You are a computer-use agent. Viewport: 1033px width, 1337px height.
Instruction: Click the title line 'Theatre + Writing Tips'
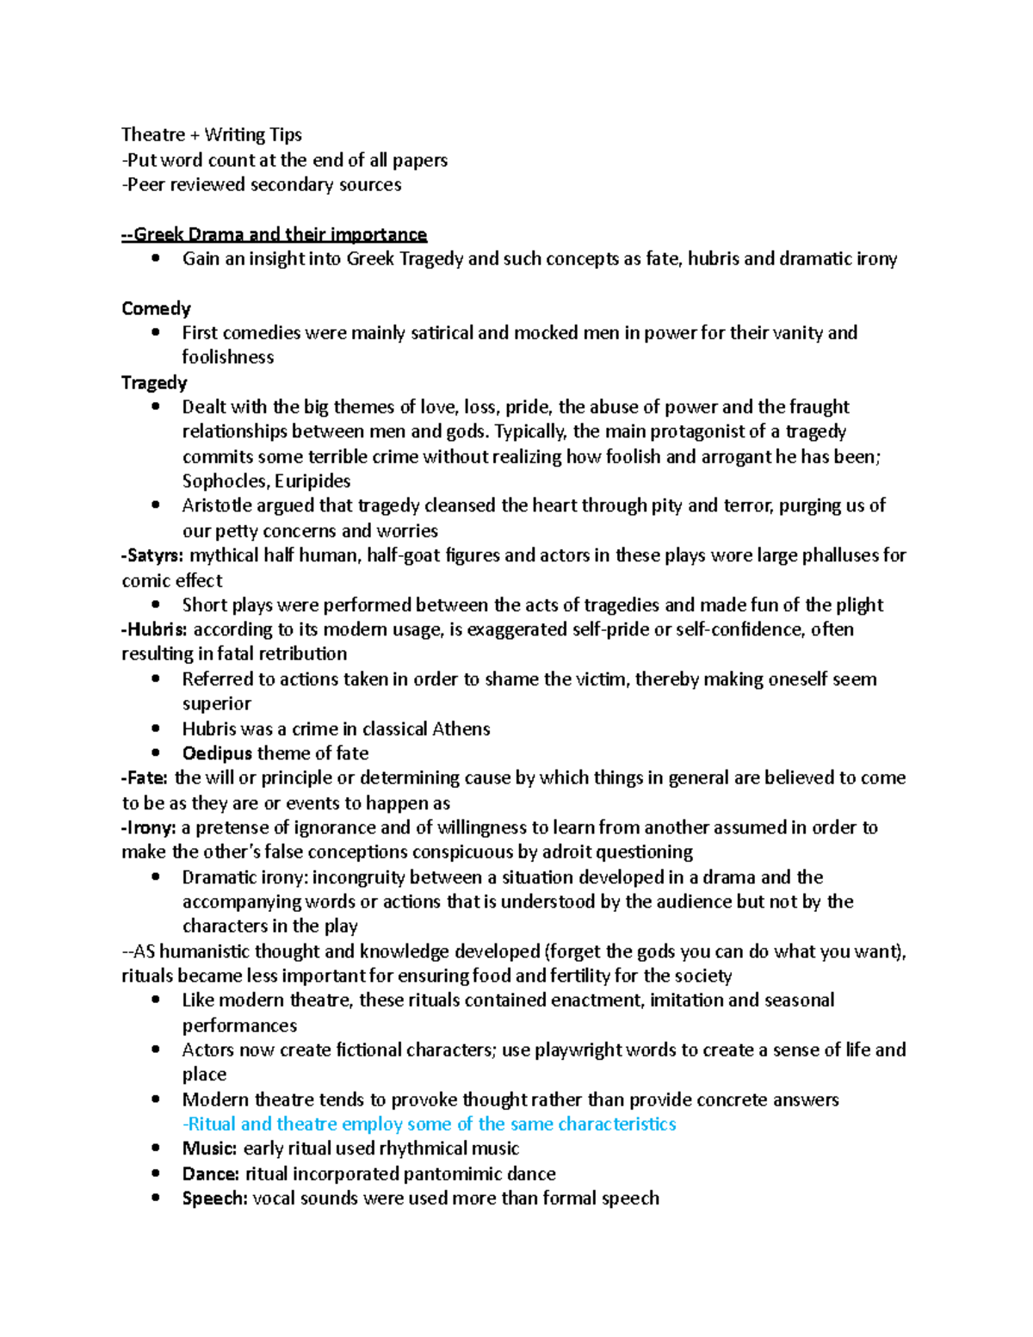point(212,134)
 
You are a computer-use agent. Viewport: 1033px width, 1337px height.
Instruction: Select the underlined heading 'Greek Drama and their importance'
point(275,234)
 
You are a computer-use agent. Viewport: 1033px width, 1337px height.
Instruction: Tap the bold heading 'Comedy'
point(156,308)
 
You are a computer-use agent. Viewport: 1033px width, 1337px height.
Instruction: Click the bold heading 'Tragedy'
point(154,382)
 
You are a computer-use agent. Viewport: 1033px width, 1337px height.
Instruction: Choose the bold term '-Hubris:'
point(154,629)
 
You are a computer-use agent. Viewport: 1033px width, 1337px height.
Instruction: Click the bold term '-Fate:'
point(145,777)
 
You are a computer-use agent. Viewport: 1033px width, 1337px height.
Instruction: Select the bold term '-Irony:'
point(149,827)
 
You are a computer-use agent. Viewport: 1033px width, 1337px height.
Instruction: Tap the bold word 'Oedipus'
point(217,753)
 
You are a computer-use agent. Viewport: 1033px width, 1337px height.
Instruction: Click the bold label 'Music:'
point(209,1148)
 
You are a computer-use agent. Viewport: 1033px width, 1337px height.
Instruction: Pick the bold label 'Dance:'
point(211,1173)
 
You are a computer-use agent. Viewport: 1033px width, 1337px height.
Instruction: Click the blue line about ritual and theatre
point(430,1123)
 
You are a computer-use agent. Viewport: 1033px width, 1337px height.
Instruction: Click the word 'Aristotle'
point(220,505)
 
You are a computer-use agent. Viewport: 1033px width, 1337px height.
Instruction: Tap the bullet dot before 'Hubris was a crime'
point(156,728)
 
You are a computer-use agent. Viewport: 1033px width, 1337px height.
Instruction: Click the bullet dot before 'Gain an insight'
point(156,258)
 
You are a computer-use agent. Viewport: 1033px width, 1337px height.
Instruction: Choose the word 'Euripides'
point(312,481)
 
